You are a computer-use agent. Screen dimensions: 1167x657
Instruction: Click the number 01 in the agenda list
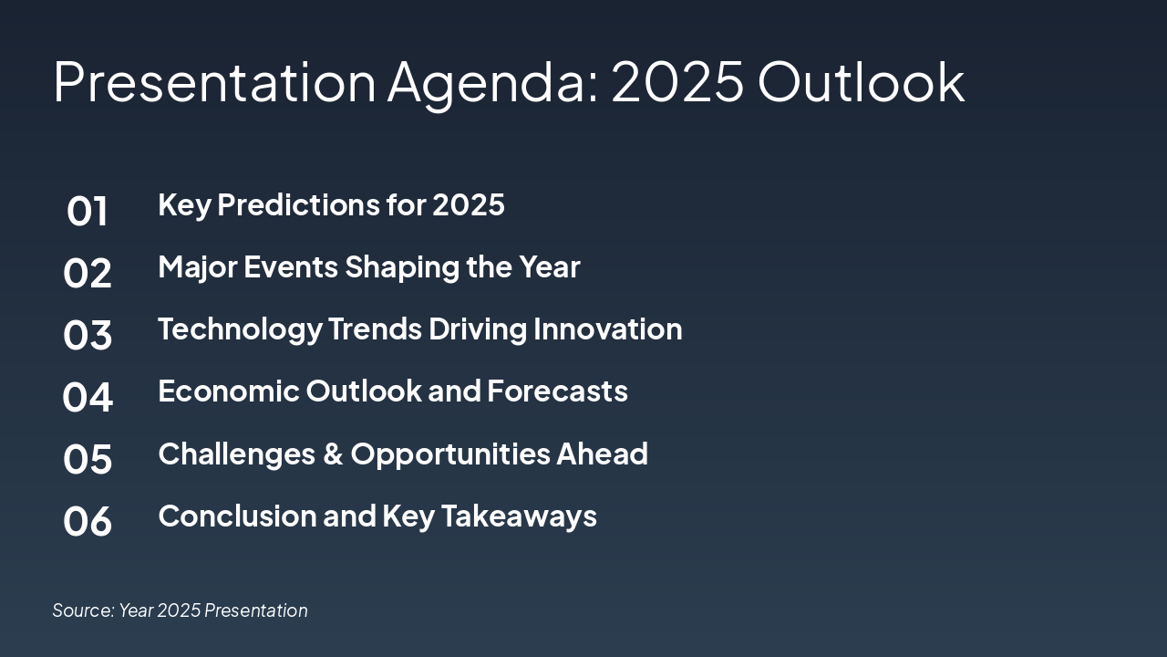pos(87,211)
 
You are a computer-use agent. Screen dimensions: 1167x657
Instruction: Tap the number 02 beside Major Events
pos(87,273)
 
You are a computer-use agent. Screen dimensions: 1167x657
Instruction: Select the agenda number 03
pos(87,335)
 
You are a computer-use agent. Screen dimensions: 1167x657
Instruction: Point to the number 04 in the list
pos(87,397)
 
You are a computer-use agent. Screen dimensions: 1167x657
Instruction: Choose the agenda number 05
pos(87,459)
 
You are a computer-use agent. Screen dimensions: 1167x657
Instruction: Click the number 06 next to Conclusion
pos(87,521)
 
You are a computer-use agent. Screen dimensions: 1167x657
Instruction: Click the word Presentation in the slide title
pos(214,82)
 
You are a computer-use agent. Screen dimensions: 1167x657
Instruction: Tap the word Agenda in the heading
pos(493,85)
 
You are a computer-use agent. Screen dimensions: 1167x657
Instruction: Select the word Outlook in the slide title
pos(862,82)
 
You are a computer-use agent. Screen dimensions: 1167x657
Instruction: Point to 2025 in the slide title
pos(677,82)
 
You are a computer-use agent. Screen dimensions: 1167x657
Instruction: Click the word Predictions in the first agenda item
pos(298,204)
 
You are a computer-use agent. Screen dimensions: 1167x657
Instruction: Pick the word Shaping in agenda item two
pos(402,267)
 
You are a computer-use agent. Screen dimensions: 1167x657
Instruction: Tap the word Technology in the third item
pos(240,329)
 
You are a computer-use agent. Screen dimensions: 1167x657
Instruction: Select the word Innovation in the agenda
pos(607,329)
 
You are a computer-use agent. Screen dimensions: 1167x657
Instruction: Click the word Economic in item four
pos(229,391)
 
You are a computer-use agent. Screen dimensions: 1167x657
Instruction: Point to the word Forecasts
pos(557,391)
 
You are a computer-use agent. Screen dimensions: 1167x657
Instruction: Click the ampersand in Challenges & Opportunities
pos(333,454)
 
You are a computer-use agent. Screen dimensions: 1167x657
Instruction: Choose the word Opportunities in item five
pos(450,454)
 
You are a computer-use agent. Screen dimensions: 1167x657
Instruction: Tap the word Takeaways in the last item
pos(519,516)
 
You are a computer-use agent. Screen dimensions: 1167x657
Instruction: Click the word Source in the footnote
pos(83,610)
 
